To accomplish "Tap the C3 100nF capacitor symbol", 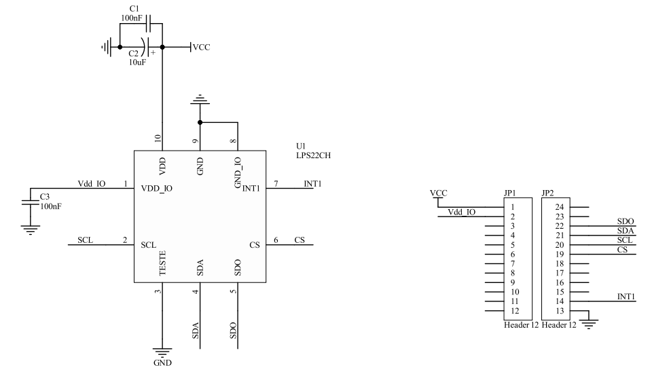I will pos(29,202).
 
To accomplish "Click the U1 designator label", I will pos(301,146).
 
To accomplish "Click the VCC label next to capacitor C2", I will pos(202,48).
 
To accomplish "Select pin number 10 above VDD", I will pos(158,138).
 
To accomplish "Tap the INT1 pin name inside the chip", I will pos(251,188).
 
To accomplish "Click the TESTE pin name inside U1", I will pos(162,263).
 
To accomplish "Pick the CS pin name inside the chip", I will pos(254,244).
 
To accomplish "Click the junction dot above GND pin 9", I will pos(200,123).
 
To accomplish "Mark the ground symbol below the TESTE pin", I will pos(162,353).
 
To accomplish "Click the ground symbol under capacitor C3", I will pos(29,229).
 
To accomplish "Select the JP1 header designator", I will pos(510,193).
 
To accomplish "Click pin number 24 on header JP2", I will pos(559,207).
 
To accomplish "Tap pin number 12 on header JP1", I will pos(514,311).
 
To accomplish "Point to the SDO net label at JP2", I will pos(625,221).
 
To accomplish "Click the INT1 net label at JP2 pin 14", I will pos(626,297).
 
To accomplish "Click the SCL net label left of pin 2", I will pos(85,240).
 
